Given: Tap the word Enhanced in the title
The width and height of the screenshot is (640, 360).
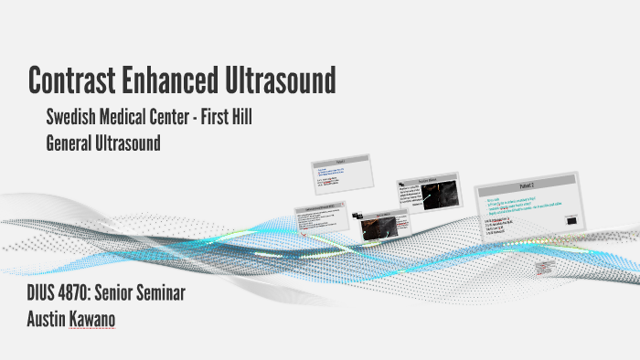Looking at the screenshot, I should (x=176, y=80).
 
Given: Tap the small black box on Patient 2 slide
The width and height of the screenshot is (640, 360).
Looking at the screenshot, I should (x=571, y=219).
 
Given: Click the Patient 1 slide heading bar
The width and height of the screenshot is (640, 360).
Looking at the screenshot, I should (x=339, y=161).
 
